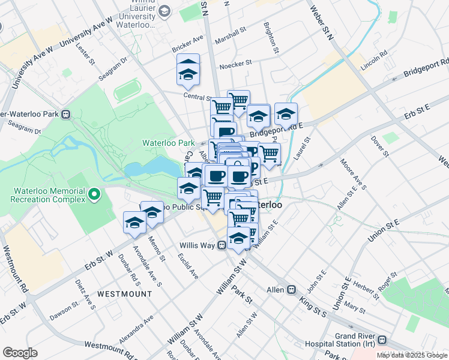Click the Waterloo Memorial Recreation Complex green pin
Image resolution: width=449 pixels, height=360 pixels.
tap(94, 194)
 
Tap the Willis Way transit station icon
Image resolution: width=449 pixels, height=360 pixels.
tap(221, 245)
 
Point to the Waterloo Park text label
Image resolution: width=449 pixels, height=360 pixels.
tap(168, 143)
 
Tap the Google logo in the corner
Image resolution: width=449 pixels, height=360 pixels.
tap(20, 352)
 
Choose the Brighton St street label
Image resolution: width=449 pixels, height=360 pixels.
tap(271, 38)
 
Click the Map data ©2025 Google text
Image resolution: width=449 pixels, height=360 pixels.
tap(412, 355)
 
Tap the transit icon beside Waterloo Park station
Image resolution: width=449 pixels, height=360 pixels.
tap(66, 114)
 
